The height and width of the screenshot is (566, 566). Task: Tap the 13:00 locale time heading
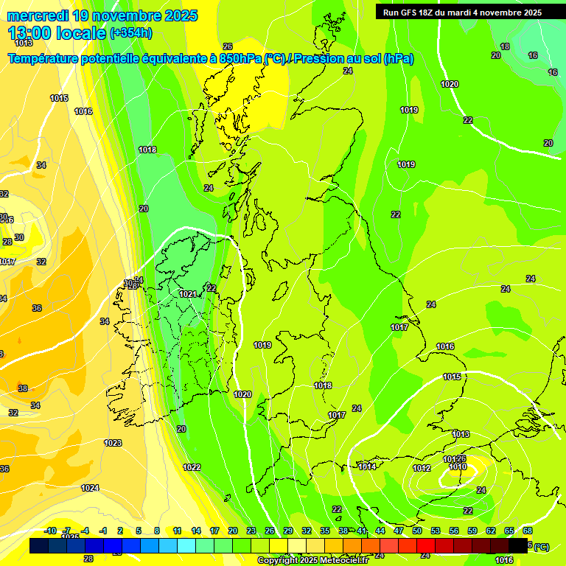pos(56,33)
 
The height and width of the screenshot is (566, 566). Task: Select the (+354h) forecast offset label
pos(131,33)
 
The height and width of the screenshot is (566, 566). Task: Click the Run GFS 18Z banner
pos(462,12)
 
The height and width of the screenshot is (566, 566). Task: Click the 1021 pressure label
pos(188,294)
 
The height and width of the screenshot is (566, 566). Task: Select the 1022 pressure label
pos(192,467)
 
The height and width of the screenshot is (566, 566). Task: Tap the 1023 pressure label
pos(113,443)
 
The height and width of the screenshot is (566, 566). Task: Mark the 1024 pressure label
pos(90,488)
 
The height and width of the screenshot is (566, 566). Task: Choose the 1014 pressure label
pos(367,467)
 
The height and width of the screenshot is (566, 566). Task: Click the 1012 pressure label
pos(422,468)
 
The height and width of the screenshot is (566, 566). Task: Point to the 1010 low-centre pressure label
pos(458,467)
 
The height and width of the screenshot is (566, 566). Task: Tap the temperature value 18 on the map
pos(505,46)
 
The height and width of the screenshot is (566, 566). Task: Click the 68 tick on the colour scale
pos(528,531)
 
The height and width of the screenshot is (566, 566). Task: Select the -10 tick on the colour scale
pos(50,531)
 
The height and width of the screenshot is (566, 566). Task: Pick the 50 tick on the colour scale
pos(417,531)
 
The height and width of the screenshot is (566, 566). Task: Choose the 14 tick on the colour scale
pos(196,531)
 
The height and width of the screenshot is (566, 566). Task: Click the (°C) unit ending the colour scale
pos(541,546)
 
